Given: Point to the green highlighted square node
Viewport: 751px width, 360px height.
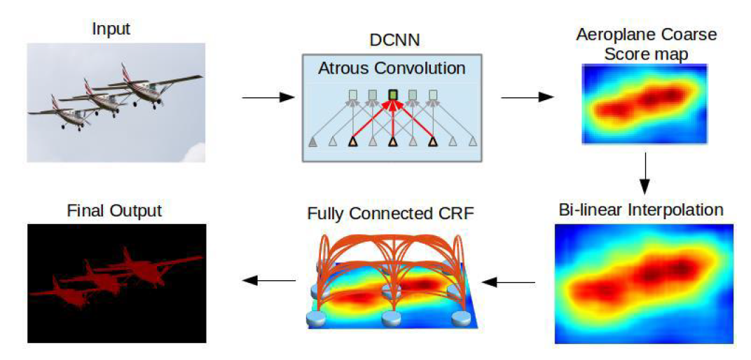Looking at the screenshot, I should [x=393, y=94].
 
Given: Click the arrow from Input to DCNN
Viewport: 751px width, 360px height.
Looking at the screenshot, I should [x=268, y=97].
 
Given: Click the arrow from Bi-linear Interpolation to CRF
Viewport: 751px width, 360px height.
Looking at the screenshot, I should [x=509, y=282].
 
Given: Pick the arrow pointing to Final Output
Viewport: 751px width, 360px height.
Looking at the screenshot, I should [x=268, y=281].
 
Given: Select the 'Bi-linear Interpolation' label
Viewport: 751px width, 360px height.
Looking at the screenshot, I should [x=642, y=209].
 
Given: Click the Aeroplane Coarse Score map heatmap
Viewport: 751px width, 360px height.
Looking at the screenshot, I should [x=644, y=104].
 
